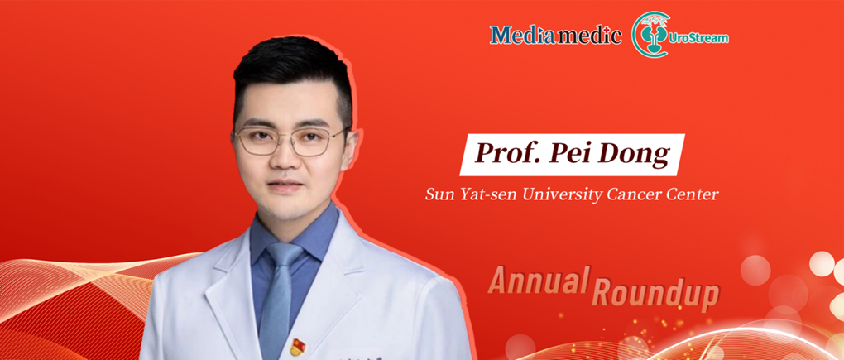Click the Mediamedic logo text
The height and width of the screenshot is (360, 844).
[555, 36]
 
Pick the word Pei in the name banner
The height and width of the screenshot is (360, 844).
[567, 155]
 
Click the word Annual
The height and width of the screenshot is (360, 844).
[537, 281]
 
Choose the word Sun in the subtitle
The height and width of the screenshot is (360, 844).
[438, 195]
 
